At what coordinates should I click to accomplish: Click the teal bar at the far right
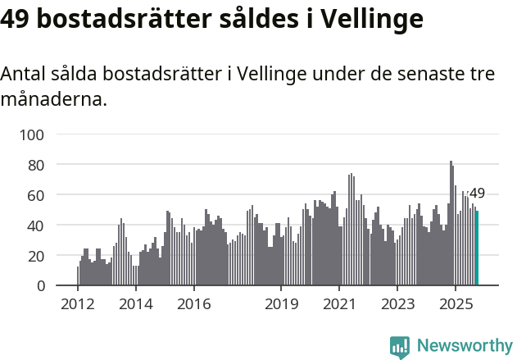point(478,248)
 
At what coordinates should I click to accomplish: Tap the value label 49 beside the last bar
point(477,194)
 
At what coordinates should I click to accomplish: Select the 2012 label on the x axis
point(78,305)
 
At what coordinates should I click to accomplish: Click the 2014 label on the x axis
point(136,305)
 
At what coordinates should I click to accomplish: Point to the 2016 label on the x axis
point(193,305)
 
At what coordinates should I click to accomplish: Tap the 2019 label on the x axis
point(281,305)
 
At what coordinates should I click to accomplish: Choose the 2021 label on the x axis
point(339,305)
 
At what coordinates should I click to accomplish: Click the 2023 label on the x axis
point(397,305)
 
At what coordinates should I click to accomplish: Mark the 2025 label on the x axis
point(456,305)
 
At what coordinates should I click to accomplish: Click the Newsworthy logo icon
point(400,347)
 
